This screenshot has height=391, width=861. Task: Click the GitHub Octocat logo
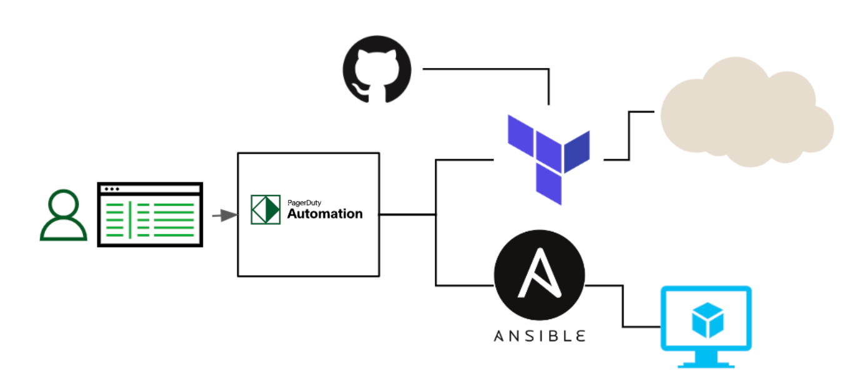click(x=377, y=69)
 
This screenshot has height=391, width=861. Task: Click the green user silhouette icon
click(x=63, y=215)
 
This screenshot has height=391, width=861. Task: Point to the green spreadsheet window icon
click(x=150, y=214)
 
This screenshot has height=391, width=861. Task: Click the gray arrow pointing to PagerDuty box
click(x=225, y=215)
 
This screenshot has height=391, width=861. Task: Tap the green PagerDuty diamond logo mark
click(x=266, y=210)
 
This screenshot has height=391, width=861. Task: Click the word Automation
click(x=324, y=214)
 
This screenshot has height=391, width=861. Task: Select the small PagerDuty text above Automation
click(x=304, y=202)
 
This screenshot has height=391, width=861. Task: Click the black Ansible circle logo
click(x=539, y=275)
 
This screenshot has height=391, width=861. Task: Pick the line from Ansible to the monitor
click(x=623, y=306)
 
